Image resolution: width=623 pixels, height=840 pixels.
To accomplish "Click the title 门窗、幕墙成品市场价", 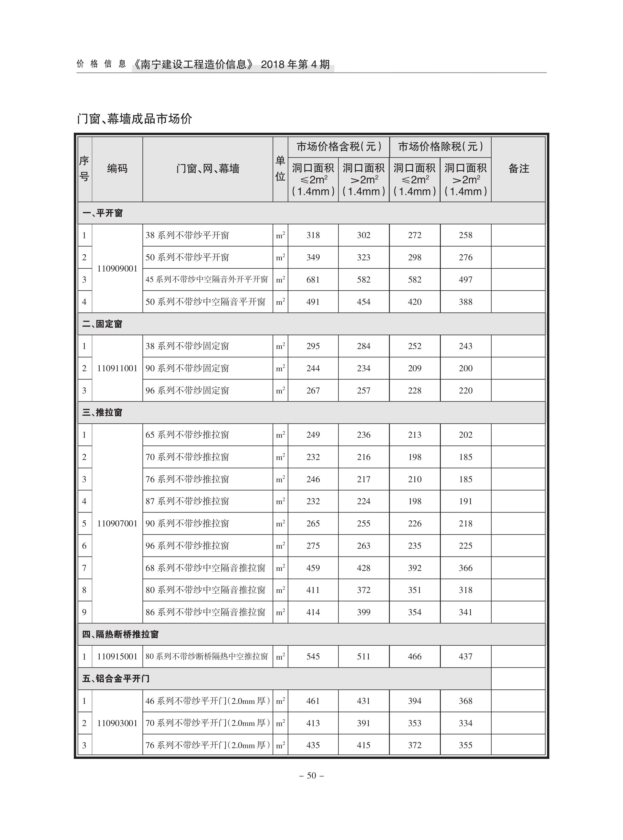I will tap(134, 119).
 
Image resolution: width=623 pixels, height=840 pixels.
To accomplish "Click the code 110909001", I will tap(117, 269).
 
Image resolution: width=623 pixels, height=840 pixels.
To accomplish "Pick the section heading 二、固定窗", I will tap(102, 324).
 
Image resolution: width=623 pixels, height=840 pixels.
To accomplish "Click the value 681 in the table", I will tap(313, 280).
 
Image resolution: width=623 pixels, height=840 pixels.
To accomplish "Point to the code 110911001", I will tap(117, 368).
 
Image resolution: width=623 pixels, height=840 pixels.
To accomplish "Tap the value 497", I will tap(465, 280).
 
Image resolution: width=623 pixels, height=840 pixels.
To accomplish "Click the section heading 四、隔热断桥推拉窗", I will tap(120, 635).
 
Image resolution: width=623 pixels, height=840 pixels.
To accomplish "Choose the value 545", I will tap(313, 657).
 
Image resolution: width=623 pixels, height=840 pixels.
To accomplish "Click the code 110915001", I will tap(117, 657).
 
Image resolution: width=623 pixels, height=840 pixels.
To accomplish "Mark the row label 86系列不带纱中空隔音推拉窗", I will tap(206, 612).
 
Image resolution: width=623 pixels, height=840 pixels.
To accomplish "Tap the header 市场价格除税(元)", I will tap(440, 147).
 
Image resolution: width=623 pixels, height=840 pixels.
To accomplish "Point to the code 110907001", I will tap(117, 524).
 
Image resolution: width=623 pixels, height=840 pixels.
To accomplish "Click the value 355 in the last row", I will tap(465, 745).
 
